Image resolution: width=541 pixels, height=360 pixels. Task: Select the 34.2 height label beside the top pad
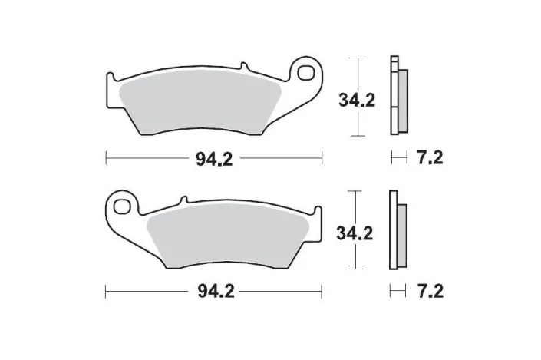coord(358,100)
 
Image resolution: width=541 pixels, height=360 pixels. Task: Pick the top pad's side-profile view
coord(399,96)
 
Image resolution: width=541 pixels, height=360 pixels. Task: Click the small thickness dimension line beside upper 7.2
coord(398,158)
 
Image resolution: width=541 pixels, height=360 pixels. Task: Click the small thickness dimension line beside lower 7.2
coord(398,292)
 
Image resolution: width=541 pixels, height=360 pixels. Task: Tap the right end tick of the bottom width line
coord(321,292)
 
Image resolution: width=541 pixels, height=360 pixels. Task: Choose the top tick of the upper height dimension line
coord(354,58)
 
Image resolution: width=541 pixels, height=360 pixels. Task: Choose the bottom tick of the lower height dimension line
coord(354,270)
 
